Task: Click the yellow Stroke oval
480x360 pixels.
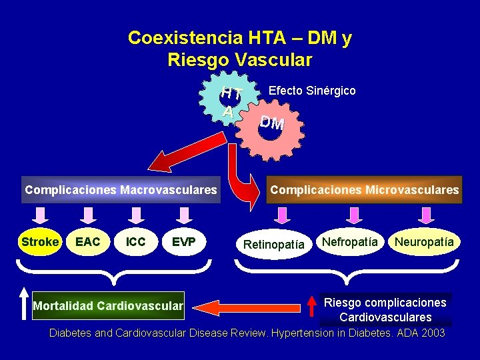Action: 40,242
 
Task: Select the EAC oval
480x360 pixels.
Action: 88,242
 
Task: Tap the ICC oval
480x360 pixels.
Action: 136,242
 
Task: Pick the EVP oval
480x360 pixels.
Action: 183,242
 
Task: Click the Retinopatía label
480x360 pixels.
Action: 273,245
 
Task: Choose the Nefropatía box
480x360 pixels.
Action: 350,241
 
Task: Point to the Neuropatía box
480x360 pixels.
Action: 424,241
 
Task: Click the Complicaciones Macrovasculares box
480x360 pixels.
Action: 121,190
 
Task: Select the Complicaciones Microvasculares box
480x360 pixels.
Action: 364,190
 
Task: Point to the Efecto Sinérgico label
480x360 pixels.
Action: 311,91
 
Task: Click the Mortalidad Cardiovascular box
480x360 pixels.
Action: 108,306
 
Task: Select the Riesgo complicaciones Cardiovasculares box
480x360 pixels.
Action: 385,310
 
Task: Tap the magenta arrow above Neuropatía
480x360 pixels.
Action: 425,214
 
